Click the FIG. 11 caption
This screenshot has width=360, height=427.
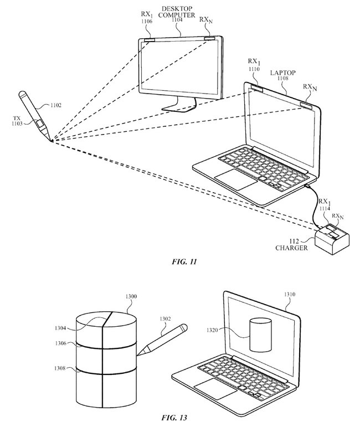184,262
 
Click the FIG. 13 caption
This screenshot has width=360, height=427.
174,418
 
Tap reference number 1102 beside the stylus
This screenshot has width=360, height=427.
56,105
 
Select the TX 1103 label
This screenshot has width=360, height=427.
17,121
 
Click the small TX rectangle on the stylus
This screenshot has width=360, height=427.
40,124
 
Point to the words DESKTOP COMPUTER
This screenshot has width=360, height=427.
177,12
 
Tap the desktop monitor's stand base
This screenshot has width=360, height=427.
179,107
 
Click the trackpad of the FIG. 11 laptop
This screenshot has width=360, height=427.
236,179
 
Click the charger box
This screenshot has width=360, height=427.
332,240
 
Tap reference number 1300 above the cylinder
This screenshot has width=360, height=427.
131,296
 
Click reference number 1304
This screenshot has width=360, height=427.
60,328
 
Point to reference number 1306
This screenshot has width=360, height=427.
60,343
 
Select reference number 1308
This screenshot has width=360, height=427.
60,368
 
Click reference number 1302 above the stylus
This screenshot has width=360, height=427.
165,318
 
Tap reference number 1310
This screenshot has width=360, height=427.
290,295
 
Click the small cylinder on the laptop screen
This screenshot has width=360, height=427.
261,335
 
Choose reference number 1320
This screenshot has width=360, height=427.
212,330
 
